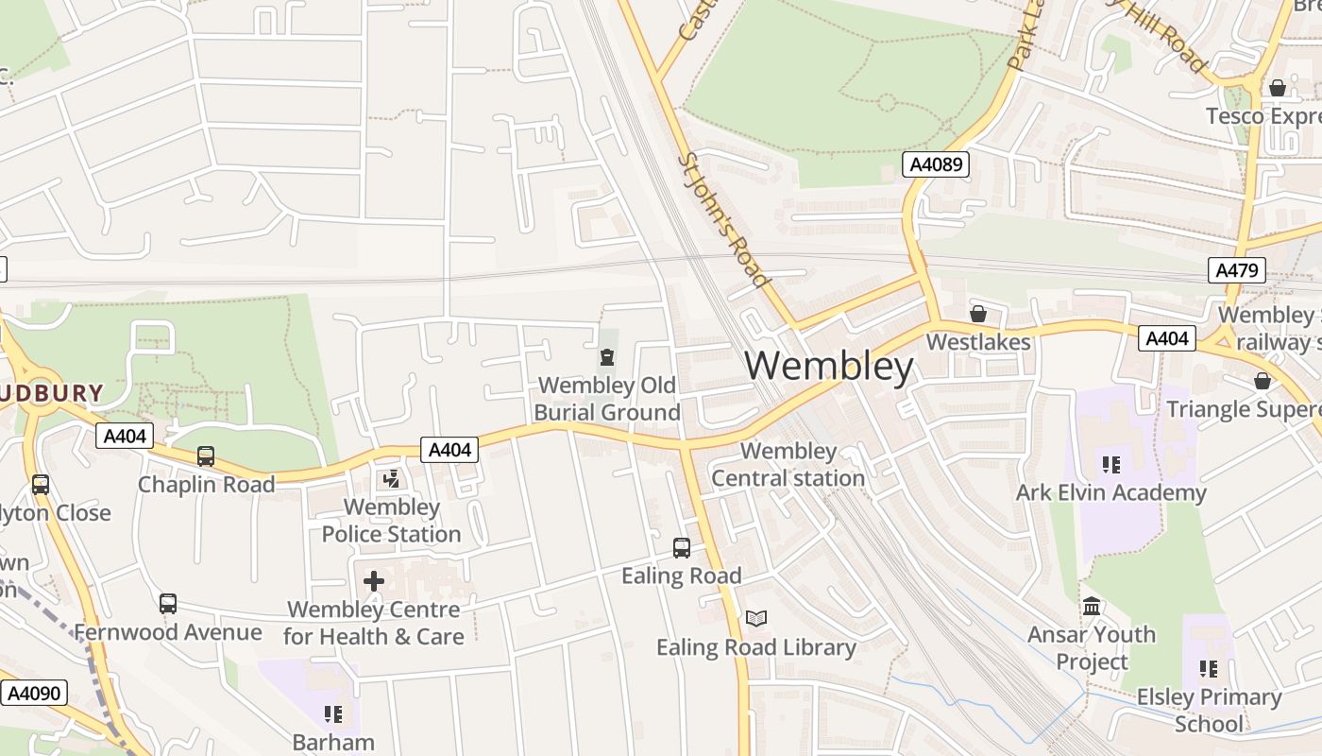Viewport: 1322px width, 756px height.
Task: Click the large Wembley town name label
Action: (x=830, y=366)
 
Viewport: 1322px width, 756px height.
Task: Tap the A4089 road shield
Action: (x=936, y=164)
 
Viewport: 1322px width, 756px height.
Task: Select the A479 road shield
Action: (x=1237, y=270)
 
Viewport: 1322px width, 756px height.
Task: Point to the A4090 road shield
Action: (x=34, y=693)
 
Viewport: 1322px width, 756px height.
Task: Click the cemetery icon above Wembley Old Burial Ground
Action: (x=606, y=357)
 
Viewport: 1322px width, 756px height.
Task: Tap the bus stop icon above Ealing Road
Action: (x=681, y=547)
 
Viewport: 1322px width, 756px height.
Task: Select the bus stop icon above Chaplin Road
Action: (x=206, y=456)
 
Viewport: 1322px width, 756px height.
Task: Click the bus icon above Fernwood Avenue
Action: (x=168, y=603)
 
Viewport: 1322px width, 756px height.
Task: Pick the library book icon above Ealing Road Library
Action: (x=755, y=618)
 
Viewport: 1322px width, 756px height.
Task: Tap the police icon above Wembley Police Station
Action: (x=391, y=479)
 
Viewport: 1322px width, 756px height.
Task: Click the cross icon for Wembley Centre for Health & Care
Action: (x=374, y=580)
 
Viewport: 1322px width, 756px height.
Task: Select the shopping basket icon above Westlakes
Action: (x=978, y=313)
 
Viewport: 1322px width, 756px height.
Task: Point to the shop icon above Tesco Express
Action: (x=1278, y=88)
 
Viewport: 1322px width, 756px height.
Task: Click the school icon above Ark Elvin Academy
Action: (x=1110, y=464)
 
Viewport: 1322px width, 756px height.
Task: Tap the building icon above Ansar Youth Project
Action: (x=1092, y=606)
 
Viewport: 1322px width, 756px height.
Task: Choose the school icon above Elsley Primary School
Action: (x=1209, y=669)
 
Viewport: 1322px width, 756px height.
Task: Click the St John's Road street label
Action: (x=722, y=219)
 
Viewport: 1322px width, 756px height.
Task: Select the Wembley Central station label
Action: (x=788, y=464)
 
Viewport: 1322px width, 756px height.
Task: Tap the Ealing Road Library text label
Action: (x=755, y=647)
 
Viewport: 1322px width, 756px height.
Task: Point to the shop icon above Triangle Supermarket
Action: (x=1263, y=381)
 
